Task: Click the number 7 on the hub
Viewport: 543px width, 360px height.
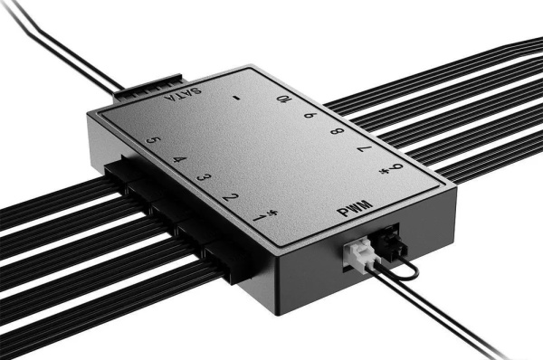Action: pos(363,150)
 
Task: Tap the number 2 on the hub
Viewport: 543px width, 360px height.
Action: pos(231,197)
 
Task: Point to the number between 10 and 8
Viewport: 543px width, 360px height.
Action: pos(310,116)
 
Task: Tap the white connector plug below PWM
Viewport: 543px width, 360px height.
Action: pos(359,254)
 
